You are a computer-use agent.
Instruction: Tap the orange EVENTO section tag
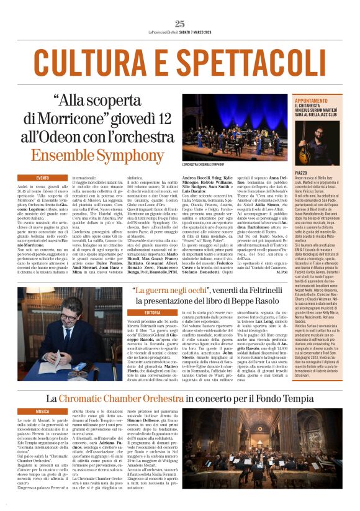point(42,178)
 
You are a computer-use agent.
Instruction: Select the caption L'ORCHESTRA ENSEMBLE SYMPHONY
point(204,165)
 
